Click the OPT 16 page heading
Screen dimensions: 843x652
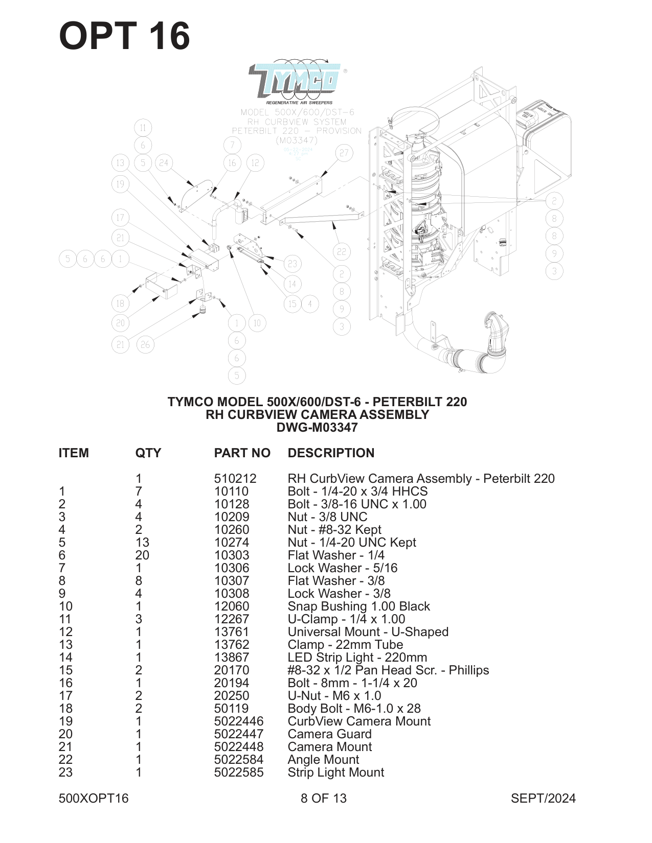point(124,36)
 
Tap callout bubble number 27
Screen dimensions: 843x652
point(344,153)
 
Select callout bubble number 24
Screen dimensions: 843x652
point(163,163)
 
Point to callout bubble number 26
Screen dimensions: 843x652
point(145,344)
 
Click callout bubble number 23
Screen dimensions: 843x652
point(292,264)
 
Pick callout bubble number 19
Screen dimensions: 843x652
point(120,184)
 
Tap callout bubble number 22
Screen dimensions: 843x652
point(342,251)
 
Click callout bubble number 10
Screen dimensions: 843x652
point(257,323)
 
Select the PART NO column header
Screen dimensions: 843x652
point(242,453)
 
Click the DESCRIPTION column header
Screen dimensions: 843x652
point(331,453)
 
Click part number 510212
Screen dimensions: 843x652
point(235,479)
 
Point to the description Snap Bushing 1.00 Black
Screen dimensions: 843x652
point(358,606)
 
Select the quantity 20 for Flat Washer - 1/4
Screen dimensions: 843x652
point(142,555)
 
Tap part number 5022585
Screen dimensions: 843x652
point(239,772)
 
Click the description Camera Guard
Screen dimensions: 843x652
point(329,734)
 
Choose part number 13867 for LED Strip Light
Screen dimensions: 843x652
point(232,658)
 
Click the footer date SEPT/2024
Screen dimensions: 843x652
point(543,799)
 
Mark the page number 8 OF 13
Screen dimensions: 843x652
point(323,799)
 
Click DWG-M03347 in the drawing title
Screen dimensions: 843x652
point(317,428)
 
